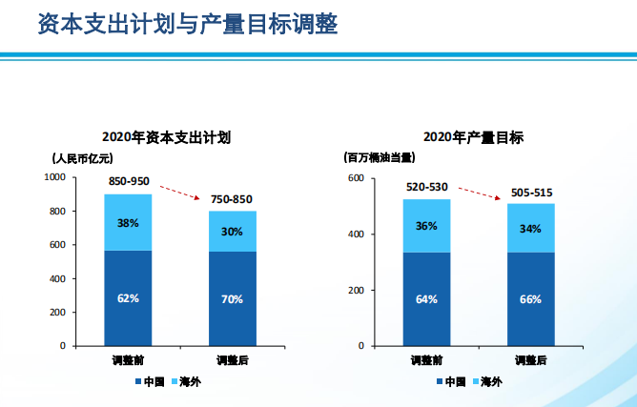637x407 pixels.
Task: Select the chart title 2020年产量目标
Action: pos(473,137)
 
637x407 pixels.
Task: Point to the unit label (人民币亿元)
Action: pos(82,158)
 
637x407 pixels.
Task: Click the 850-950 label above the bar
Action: pos(129,180)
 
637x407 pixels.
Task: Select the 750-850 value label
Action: pos(231,198)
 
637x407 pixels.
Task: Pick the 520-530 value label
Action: pos(426,186)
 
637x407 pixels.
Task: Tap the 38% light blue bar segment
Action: pos(128,223)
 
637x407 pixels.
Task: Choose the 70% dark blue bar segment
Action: pos(232,298)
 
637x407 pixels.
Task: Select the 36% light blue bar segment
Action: pos(426,226)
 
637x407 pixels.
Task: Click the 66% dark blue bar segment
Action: pos(530,299)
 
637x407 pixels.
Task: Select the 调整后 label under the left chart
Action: pos(232,360)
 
